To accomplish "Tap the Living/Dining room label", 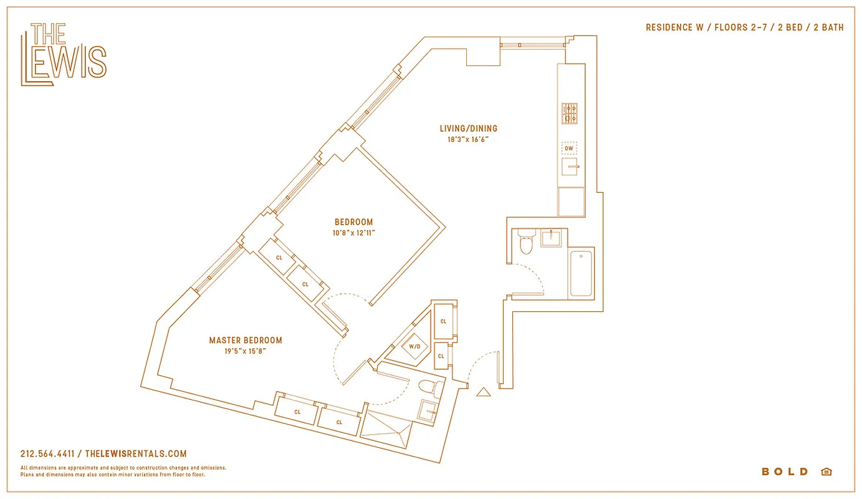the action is tap(468, 128).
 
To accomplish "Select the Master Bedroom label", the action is tap(246, 341).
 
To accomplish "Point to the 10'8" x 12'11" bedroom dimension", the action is tap(353, 233).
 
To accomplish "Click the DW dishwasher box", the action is tap(568, 148).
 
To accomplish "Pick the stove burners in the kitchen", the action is tap(569, 113).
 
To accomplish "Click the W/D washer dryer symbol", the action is tap(414, 347).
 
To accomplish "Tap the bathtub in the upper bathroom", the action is tap(581, 273).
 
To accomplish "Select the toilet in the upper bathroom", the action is tap(527, 243).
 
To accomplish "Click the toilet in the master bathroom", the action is tap(431, 389).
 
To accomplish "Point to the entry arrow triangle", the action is tap(483, 392).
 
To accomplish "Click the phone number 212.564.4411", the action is tap(47, 454).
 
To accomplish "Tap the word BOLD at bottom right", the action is tap(785, 472).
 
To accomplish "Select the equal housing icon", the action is tap(826, 472).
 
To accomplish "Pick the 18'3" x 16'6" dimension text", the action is tap(468, 140).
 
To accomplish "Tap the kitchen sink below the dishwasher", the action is tap(570, 167).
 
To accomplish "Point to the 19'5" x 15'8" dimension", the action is tap(246, 352).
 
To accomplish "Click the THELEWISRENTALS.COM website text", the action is tap(135, 454).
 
